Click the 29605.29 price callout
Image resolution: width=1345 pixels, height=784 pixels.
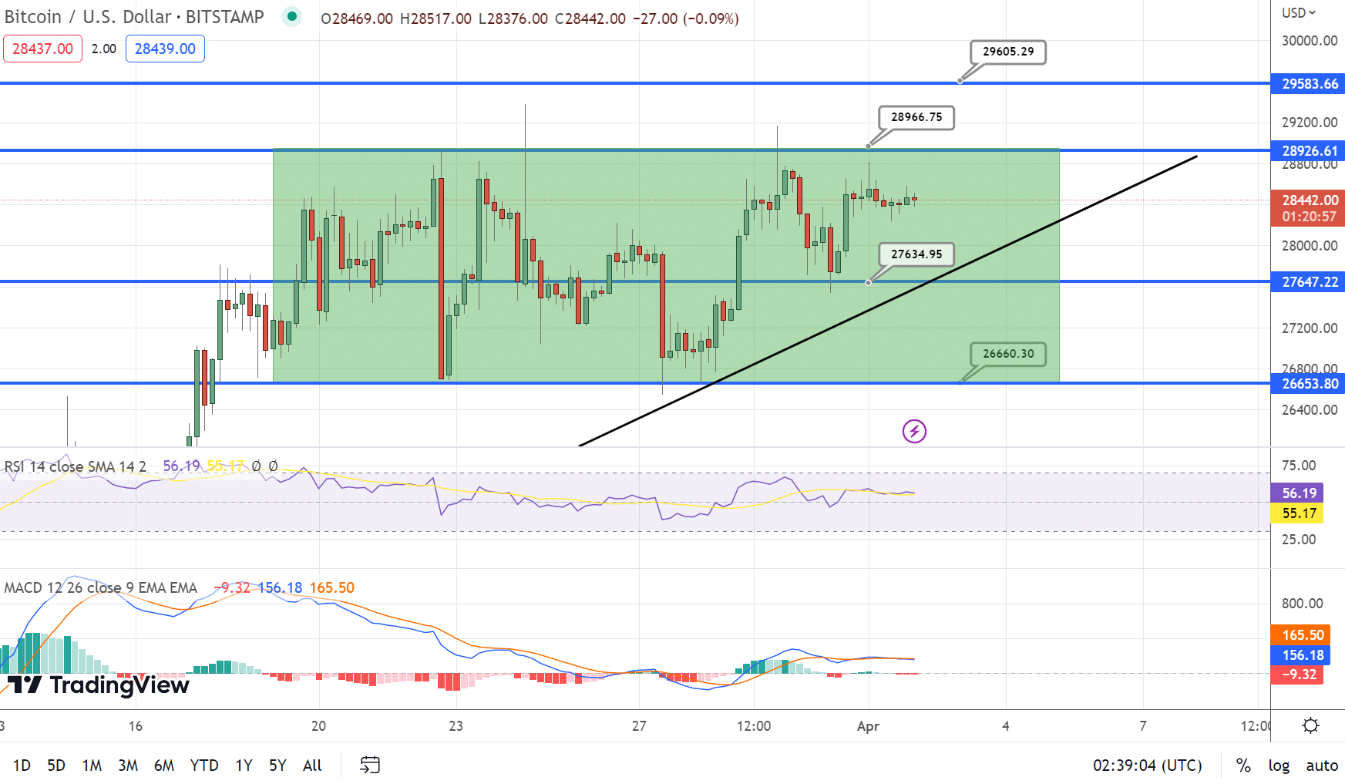tap(1008, 52)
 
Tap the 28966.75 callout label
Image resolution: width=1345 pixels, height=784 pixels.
tap(916, 117)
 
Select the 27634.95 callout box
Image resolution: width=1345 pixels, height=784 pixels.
tap(916, 254)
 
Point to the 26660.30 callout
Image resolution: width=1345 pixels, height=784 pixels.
tap(1008, 354)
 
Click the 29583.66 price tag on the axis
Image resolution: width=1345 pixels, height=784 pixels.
tap(1310, 83)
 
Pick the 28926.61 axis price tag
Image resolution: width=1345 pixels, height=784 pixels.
tap(1310, 150)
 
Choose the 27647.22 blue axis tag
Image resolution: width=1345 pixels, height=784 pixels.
tap(1310, 282)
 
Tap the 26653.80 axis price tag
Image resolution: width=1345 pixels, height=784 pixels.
tap(1310, 383)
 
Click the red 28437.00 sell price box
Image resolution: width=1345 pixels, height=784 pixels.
tap(42, 49)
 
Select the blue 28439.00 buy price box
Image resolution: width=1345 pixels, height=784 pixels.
tap(165, 49)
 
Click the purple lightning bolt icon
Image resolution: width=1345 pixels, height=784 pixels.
tap(914, 431)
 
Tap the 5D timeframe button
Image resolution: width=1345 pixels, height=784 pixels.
tap(56, 765)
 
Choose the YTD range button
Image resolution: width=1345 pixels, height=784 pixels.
tap(204, 765)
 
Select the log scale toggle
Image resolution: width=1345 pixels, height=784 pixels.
tap(1279, 765)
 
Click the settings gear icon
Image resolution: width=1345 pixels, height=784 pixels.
tap(1310, 725)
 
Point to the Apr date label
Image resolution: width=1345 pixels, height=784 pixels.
tap(868, 726)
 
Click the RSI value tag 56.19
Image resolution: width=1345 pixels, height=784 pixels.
tap(1299, 493)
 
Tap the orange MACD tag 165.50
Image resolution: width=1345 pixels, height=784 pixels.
tap(1303, 635)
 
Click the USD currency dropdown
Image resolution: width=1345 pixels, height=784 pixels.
tap(1299, 13)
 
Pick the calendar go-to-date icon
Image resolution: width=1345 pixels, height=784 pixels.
tap(370, 765)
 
